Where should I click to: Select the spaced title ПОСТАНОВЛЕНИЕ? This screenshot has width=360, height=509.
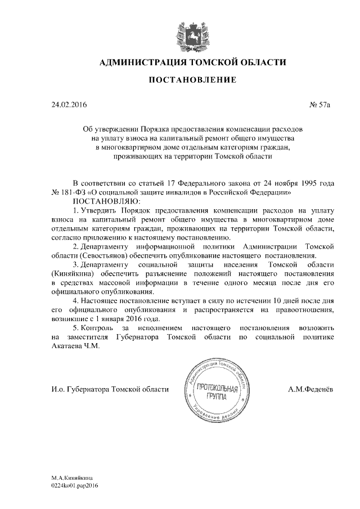tap(192, 81)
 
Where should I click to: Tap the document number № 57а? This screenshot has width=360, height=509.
tap(322, 105)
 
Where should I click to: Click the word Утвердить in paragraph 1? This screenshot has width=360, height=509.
tap(101, 210)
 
